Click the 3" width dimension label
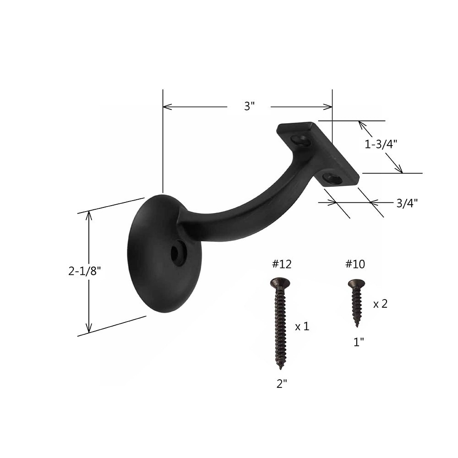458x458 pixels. pyautogui.click(x=249, y=107)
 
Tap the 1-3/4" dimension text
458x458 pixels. pyautogui.click(x=380, y=144)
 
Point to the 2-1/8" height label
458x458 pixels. pyautogui.click(x=84, y=271)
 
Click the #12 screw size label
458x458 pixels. pyautogui.click(x=281, y=264)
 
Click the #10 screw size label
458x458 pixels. pyautogui.click(x=355, y=264)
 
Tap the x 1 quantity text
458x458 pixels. pyautogui.click(x=302, y=327)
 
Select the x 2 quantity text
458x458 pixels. pyautogui.click(x=380, y=304)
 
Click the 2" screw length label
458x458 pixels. pyautogui.click(x=282, y=384)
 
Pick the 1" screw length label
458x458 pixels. pyautogui.click(x=359, y=342)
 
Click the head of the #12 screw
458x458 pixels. pyautogui.click(x=280, y=283)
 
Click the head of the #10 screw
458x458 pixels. pyautogui.click(x=356, y=284)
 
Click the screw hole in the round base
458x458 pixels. pyautogui.click(x=178, y=254)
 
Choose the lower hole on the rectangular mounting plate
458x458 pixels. pyautogui.click(x=332, y=178)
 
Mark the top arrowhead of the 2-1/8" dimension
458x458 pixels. pyautogui.click(x=89, y=215)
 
